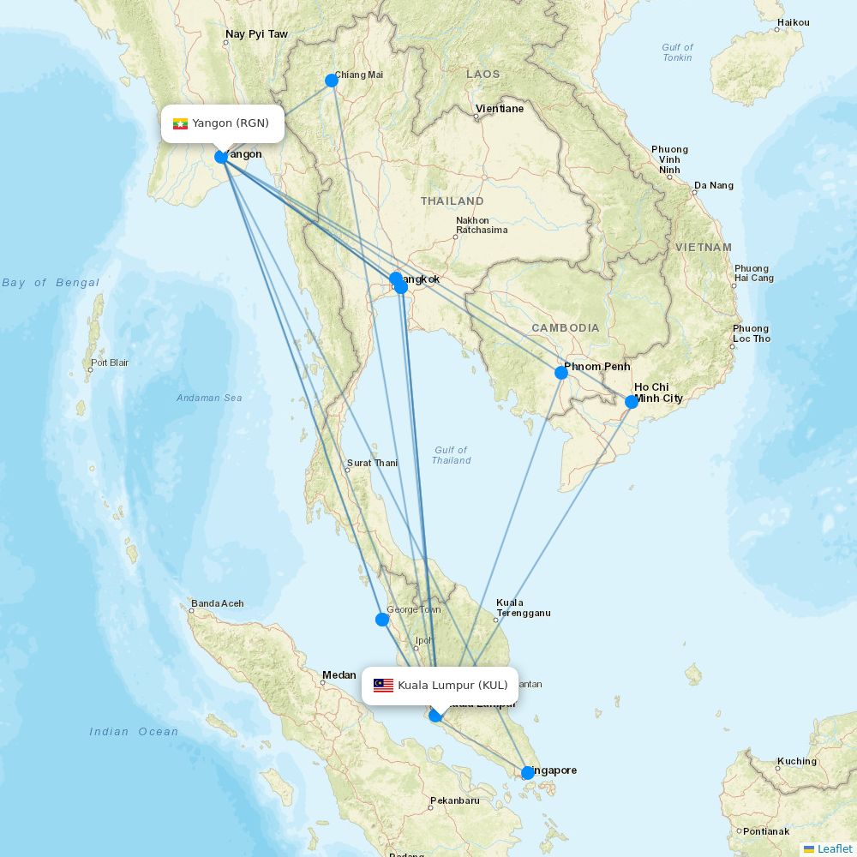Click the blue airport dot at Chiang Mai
(332, 81)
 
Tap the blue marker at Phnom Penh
(561, 373)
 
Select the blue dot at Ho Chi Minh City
(632, 402)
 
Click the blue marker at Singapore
(528, 773)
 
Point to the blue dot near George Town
(382, 620)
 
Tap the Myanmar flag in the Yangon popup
(180, 123)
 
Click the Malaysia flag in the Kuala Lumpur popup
(383, 686)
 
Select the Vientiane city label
(500, 109)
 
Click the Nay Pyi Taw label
(256, 35)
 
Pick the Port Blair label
(110, 363)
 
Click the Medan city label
(339, 675)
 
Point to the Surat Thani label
(372, 464)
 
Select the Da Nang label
(713, 185)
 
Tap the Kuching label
(796, 761)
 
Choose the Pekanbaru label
(455, 800)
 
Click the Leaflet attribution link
(834, 848)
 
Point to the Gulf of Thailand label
(451, 455)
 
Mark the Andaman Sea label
(209, 398)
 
